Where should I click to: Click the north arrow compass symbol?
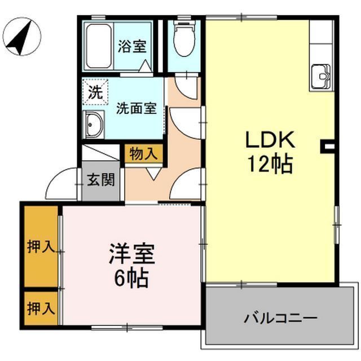click(23, 38)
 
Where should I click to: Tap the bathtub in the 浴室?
click(99, 46)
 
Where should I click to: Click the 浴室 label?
click(132, 46)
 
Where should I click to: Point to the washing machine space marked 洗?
click(95, 92)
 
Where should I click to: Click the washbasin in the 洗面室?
click(94, 125)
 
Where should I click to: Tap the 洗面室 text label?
click(137, 108)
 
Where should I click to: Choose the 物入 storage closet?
click(143, 153)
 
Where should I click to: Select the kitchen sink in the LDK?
click(321, 77)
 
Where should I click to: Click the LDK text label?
click(270, 140)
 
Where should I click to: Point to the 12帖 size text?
click(270, 165)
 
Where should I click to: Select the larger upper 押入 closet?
click(41, 246)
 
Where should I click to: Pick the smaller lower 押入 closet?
click(41, 309)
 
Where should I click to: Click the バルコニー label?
click(280, 318)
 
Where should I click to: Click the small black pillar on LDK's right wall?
click(327, 147)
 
